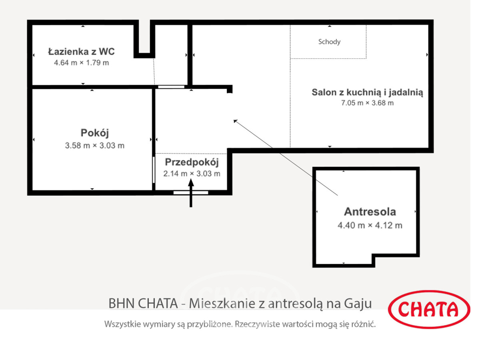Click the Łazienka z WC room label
coord(81,52)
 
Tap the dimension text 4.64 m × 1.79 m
coord(81,63)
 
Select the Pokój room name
coord(95,133)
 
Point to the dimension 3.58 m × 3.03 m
coord(95,146)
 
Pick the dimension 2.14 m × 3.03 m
coord(192,174)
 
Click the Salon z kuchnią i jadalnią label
coord(367,93)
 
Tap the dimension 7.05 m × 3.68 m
coord(367,103)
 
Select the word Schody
coord(329,42)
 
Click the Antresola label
coord(370,212)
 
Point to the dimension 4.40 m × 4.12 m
coord(370,226)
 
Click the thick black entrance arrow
coord(191,193)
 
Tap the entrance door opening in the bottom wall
coord(191,193)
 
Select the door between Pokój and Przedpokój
coord(154,170)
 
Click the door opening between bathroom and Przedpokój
coord(171,87)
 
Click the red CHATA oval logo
coord(429,310)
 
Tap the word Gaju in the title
coord(358,303)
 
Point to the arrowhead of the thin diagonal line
coord(235,121)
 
